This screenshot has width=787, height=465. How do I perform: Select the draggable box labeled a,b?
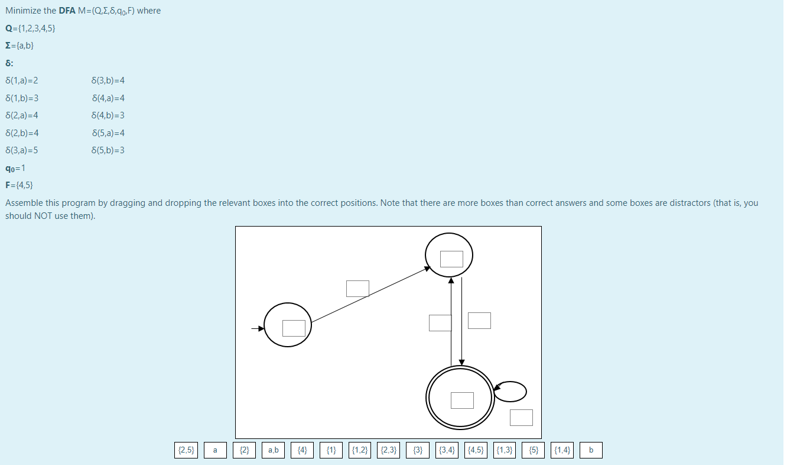pos(274,450)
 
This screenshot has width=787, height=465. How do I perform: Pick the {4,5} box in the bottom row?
pos(476,450)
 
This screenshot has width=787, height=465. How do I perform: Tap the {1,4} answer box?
pos(562,450)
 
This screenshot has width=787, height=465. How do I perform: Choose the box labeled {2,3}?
pos(389,450)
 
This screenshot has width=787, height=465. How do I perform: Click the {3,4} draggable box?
pos(447,450)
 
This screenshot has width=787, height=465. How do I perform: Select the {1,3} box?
pos(505,450)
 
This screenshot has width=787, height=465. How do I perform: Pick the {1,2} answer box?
pos(360,450)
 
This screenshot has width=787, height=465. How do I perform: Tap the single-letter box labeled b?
pos(591,450)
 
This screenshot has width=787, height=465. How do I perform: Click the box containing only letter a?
pos(215,450)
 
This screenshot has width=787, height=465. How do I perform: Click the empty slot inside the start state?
pos(294,328)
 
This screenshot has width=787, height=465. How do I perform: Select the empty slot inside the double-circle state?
pos(462,401)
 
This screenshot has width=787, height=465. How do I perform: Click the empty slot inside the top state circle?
pos(451,259)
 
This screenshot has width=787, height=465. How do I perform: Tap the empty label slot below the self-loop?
pos(521,418)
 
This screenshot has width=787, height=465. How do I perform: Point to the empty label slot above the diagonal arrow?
pos(357,289)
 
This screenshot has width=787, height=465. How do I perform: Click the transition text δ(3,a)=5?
pos(21,150)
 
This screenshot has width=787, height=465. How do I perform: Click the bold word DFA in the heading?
pos(67,11)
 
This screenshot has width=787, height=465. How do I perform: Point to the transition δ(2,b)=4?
pos(22,133)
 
